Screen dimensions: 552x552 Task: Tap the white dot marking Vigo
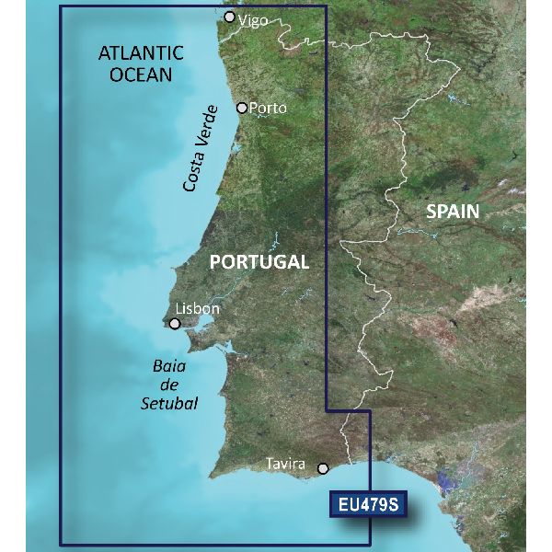click(x=230, y=17)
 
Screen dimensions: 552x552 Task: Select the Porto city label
click(x=268, y=108)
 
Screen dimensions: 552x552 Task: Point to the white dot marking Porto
click(x=242, y=108)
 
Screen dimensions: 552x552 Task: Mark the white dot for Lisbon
click(x=175, y=323)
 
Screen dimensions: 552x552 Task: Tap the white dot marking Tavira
click(x=323, y=468)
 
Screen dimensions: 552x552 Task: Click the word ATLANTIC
click(x=141, y=54)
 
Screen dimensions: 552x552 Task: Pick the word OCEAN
click(x=141, y=75)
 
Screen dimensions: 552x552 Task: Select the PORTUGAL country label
click(x=259, y=261)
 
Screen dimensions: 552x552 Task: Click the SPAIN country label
click(x=453, y=211)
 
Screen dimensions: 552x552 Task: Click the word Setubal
click(x=171, y=402)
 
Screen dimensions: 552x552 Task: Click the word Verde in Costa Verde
click(x=208, y=125)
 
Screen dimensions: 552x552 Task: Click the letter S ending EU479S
click(x=397, y=505)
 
